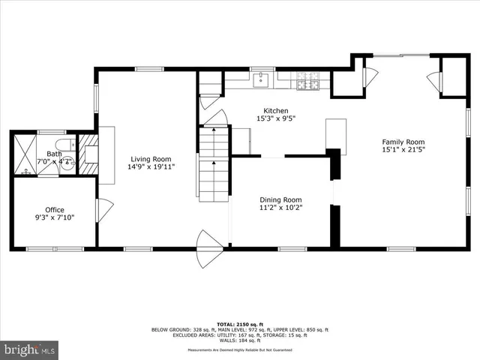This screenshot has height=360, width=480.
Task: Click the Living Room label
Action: [151, 159]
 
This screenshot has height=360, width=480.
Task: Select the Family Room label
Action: [403, 142]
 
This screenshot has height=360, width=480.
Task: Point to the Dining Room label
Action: [280, 199]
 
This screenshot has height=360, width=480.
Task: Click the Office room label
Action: [54, 210]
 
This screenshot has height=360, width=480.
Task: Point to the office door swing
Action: [103, 209]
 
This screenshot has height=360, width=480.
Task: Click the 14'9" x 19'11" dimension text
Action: [151, 167]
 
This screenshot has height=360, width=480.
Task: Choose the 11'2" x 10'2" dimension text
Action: [280, 208]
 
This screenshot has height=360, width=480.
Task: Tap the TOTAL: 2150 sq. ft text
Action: [240, 322]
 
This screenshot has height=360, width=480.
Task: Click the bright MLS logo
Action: [30, 349]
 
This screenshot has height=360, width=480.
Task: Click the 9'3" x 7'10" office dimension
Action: [54, 218]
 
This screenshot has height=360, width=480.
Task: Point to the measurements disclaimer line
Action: [240, 349]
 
